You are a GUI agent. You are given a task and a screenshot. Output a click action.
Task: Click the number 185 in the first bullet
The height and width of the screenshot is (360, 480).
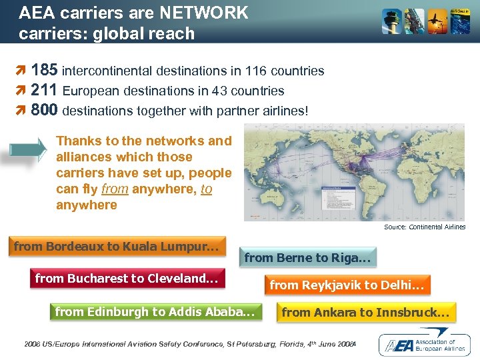(45, 70)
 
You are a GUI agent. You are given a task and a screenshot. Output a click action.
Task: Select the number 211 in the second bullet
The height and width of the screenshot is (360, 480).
(44, 90)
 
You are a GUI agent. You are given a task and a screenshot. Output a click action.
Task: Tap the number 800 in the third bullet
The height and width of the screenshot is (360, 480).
(45, 109)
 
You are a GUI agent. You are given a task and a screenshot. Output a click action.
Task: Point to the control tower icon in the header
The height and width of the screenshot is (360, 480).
(391, 22)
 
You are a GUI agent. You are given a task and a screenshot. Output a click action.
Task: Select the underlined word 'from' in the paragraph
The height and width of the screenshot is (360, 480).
(115, 189)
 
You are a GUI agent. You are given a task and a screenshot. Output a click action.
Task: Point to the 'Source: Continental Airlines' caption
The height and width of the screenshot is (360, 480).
(425, 227)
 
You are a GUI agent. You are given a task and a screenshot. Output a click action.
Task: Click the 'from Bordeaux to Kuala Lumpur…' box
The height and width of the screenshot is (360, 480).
(117, 247)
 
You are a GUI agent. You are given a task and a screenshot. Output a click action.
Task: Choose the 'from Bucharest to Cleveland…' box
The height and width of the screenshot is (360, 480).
(127, 279)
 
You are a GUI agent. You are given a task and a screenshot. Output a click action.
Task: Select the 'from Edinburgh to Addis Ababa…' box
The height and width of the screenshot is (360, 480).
(155, 311)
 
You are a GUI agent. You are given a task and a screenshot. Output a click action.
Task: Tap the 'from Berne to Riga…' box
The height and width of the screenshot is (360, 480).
(307, 257)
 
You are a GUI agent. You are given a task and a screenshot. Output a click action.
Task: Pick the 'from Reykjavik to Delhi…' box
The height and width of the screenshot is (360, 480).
(346, 285)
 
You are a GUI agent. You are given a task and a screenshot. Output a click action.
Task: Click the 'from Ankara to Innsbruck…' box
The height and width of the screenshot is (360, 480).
(366, 312)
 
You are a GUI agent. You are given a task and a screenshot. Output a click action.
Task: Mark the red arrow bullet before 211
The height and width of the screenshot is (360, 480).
(21, 91)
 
